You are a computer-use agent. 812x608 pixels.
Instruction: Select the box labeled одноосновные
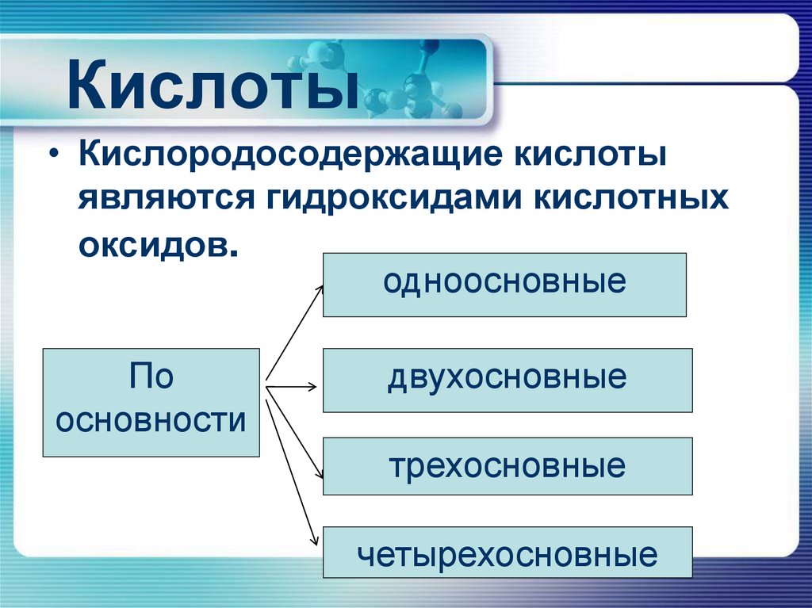pyautogui.click(x=504, y=285)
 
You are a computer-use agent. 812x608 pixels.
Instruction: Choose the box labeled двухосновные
pyautogui.click(x=507, y=380)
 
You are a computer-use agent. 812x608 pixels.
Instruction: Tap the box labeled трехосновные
pyautogui.click(x=507, y=465)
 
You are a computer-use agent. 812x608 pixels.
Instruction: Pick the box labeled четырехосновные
pyautogui.click(x=507, y=553)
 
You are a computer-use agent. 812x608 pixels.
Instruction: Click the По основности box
pyautogui.click(x=151, y=402)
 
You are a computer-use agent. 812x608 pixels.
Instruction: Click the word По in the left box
pyautogui.click(x=151, y=377)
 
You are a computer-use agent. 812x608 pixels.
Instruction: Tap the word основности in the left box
pyautogui.click(x=151, y=420)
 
